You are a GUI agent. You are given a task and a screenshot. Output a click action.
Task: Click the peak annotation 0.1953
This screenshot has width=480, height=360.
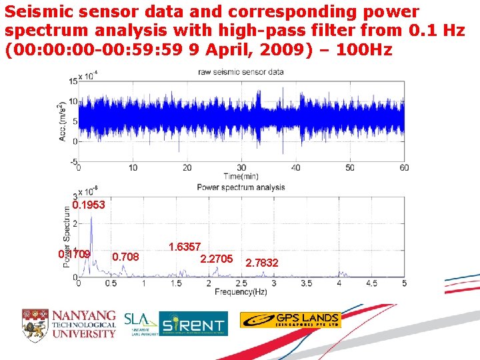coord(89,205)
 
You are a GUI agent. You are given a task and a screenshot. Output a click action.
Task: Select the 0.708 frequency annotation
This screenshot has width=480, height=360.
coord(126,256)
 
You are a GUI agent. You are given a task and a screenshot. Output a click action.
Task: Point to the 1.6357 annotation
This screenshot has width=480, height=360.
coord(185,247)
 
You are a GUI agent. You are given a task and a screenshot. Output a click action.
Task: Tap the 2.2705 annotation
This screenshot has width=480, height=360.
coord(216,258)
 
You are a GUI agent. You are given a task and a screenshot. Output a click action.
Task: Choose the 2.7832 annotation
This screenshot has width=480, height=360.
coord(262,263)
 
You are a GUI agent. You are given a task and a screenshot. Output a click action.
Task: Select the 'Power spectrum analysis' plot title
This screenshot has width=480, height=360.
coord(241,187)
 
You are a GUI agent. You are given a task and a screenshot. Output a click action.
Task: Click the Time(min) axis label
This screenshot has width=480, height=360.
coord(241,176)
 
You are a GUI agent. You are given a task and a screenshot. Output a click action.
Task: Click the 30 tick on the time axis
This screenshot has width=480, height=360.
coord(241,167)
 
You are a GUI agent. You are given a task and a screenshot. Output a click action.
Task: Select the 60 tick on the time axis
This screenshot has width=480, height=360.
coord(403,167)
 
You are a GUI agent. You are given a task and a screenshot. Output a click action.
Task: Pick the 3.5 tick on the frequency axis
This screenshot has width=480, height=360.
coord(306,283)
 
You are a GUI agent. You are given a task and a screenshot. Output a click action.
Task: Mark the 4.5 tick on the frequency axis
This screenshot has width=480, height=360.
coord(371,283)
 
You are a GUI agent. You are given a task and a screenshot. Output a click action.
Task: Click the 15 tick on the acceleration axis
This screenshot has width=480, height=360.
coord(72,81)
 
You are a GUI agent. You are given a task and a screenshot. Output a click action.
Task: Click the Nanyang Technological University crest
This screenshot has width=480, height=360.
coord(35,323)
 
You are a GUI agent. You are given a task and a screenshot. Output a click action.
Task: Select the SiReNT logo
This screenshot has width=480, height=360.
coord(193,323)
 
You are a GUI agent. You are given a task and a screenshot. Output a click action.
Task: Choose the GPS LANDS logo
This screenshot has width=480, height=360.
coord(290,320)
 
